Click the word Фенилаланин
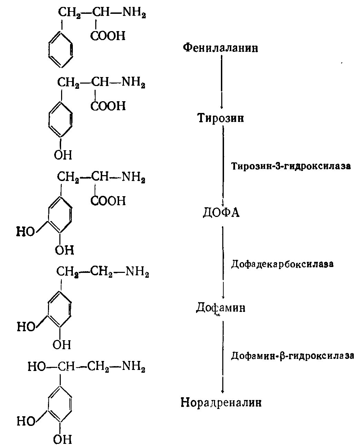(220, 48)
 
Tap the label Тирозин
(221, 118)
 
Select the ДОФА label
(221, 212)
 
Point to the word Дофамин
(221, 307)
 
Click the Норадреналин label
(221, 402)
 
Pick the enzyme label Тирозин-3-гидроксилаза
(291, 166)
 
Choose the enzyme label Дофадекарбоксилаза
(282, 264)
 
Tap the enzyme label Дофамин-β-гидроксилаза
(292, 355)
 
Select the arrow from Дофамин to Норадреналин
(223, 356)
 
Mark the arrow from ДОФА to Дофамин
(223, 263)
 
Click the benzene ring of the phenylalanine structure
(61, 50)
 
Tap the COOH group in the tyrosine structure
(108, 105)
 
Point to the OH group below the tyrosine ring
(63, 155)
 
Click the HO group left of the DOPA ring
(26, 232)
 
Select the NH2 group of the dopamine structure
(137, 272)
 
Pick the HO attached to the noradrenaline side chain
(37, 366)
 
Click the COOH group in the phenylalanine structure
(108, 36)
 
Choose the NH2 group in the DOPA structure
(134, 177)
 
